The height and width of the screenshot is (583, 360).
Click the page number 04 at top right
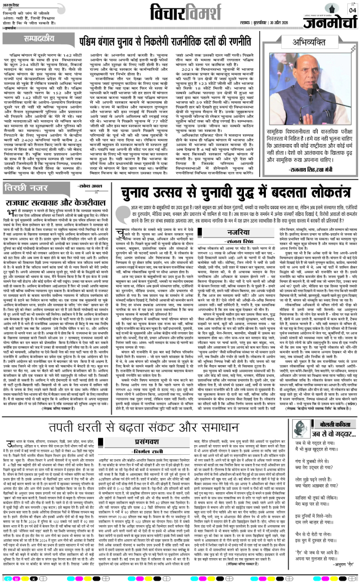(x=351, y=10)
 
